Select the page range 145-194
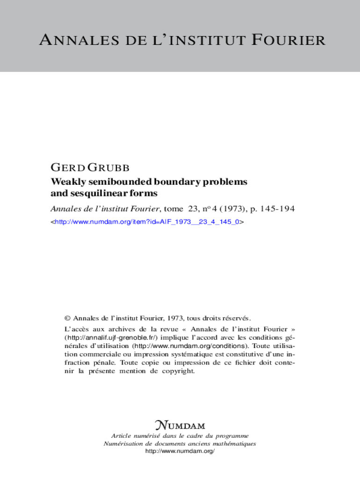coord(278,209)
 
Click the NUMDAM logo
coord(180,426)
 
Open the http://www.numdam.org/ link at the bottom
coord(180,451)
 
